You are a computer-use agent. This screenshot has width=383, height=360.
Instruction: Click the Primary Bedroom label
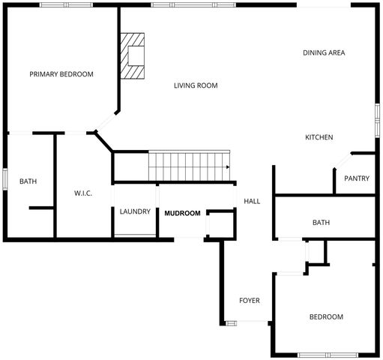pyautogui.click(x=61, y=74)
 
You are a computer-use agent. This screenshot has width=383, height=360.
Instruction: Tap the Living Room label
pyautogui.click(x=196, y=85)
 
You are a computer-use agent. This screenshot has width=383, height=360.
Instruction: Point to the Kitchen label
pyautogui.click(x=319, y=137)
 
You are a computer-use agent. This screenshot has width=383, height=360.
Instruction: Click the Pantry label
pyautogui.click(x=356, y=178)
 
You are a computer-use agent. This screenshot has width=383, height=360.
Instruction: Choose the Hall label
pyautogui.click(x=252, y=201)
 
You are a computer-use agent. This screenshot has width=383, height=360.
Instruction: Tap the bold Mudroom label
pyautogui.click(x=182, y=214)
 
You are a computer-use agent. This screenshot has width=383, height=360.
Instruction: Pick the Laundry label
pyautogui.click(x=135, y=211)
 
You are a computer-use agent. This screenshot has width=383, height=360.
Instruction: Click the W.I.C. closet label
pyautogui.click(x=82, y=193)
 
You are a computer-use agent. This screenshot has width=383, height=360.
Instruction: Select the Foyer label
pyautogui.click(x=250, y=301)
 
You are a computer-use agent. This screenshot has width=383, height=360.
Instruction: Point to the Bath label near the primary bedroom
pyautogui.click(x=28, y=181)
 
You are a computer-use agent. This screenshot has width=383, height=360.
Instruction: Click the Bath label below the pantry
pyautogui.click(x=321, y=223)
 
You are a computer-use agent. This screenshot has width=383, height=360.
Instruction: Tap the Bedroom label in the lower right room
pyautogui.click(x=326, y=317)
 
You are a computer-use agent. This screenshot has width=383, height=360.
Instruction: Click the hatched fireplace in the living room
pyautogui.click(x=135, y=56)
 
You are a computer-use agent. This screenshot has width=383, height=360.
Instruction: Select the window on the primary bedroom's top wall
pyautogui.click(x=67, y=4)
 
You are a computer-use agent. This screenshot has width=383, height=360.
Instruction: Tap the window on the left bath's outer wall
pyautogui.click(x=4, y=180)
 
